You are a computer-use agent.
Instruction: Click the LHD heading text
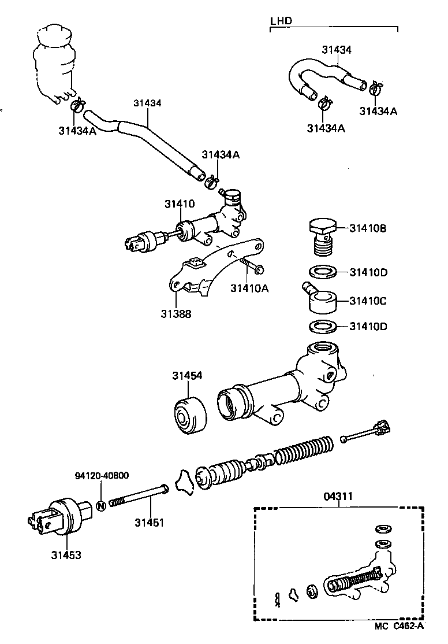click(x=281, y=21)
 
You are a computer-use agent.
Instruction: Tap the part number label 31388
click(x=176, y=314)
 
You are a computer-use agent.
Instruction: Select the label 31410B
click(x=368, y=228)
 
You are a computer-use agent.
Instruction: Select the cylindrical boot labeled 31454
click(x=190, y=414)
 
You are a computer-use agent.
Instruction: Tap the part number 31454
click(x=186, y=376)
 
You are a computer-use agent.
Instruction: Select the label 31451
click(x=150, y=523)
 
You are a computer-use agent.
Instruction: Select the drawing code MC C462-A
click(x=399, y=626)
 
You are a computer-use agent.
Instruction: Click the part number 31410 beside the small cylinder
click(x=179, y=204)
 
